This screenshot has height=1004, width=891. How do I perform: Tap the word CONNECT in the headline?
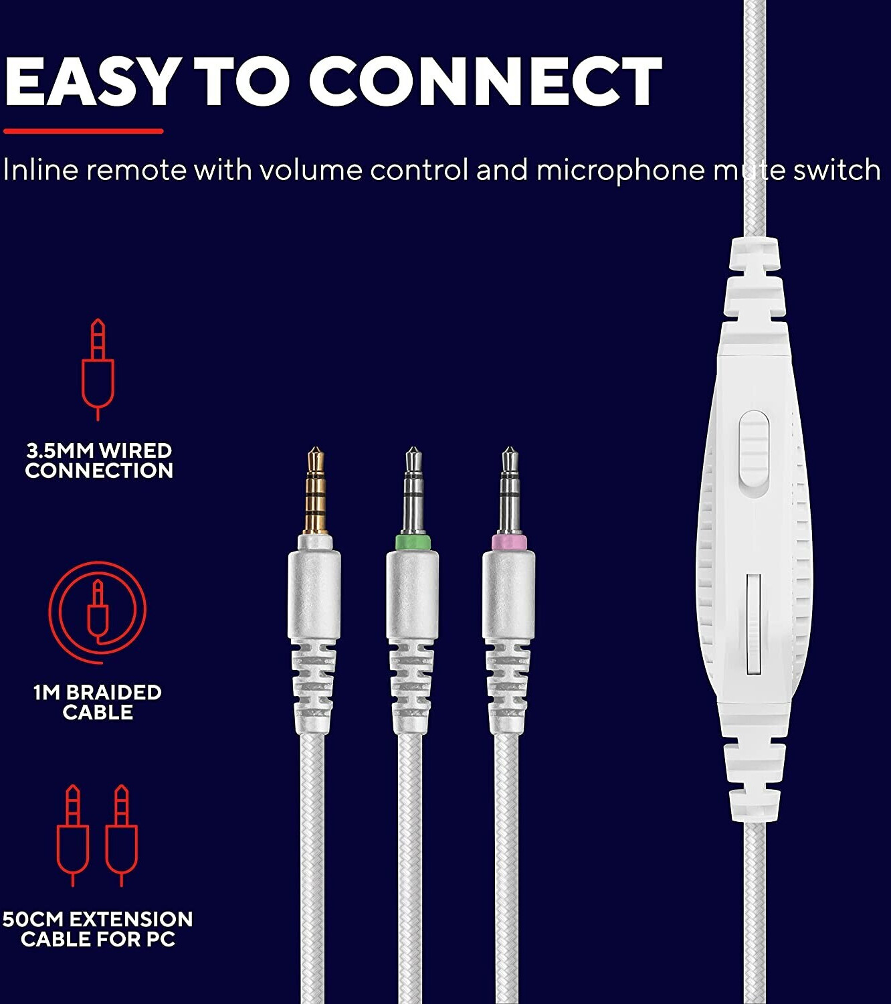(486, 81)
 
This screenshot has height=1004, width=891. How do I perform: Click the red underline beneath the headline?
(83, 131)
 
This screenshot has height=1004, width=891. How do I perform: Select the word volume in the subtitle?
(312, 170)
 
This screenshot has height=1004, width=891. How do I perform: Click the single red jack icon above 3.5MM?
(98, 369)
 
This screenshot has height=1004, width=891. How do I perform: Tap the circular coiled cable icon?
(98, 612)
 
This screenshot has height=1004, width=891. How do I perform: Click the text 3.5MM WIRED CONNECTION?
(99, 461)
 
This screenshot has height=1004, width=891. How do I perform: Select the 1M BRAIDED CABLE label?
(98, 702)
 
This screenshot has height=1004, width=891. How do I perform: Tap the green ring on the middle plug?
(413, 541)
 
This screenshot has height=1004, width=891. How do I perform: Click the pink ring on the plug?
(508, 541)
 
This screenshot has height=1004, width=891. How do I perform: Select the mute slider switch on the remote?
(754, 449)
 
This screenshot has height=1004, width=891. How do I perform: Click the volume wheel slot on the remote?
(753, 624)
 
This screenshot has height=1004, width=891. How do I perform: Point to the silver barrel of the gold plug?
(314, 594)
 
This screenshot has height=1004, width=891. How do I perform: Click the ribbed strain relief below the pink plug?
(508, 686)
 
